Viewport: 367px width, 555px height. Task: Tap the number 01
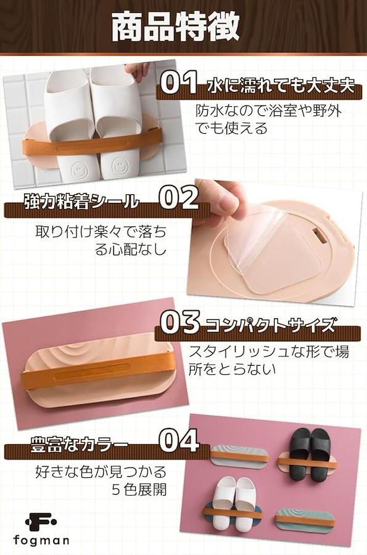(178, 83)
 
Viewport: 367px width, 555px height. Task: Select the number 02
(179, 197)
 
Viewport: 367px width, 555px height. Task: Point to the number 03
(181, 321)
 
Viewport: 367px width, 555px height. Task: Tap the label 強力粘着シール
(81, 202)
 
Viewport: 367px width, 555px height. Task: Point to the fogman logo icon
(40, 521)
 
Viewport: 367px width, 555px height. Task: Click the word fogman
(41, 540)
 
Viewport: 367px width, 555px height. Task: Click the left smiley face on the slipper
(78, 167)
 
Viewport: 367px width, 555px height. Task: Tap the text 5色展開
(139, 490)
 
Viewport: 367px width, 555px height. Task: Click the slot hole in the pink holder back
(320, 236)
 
